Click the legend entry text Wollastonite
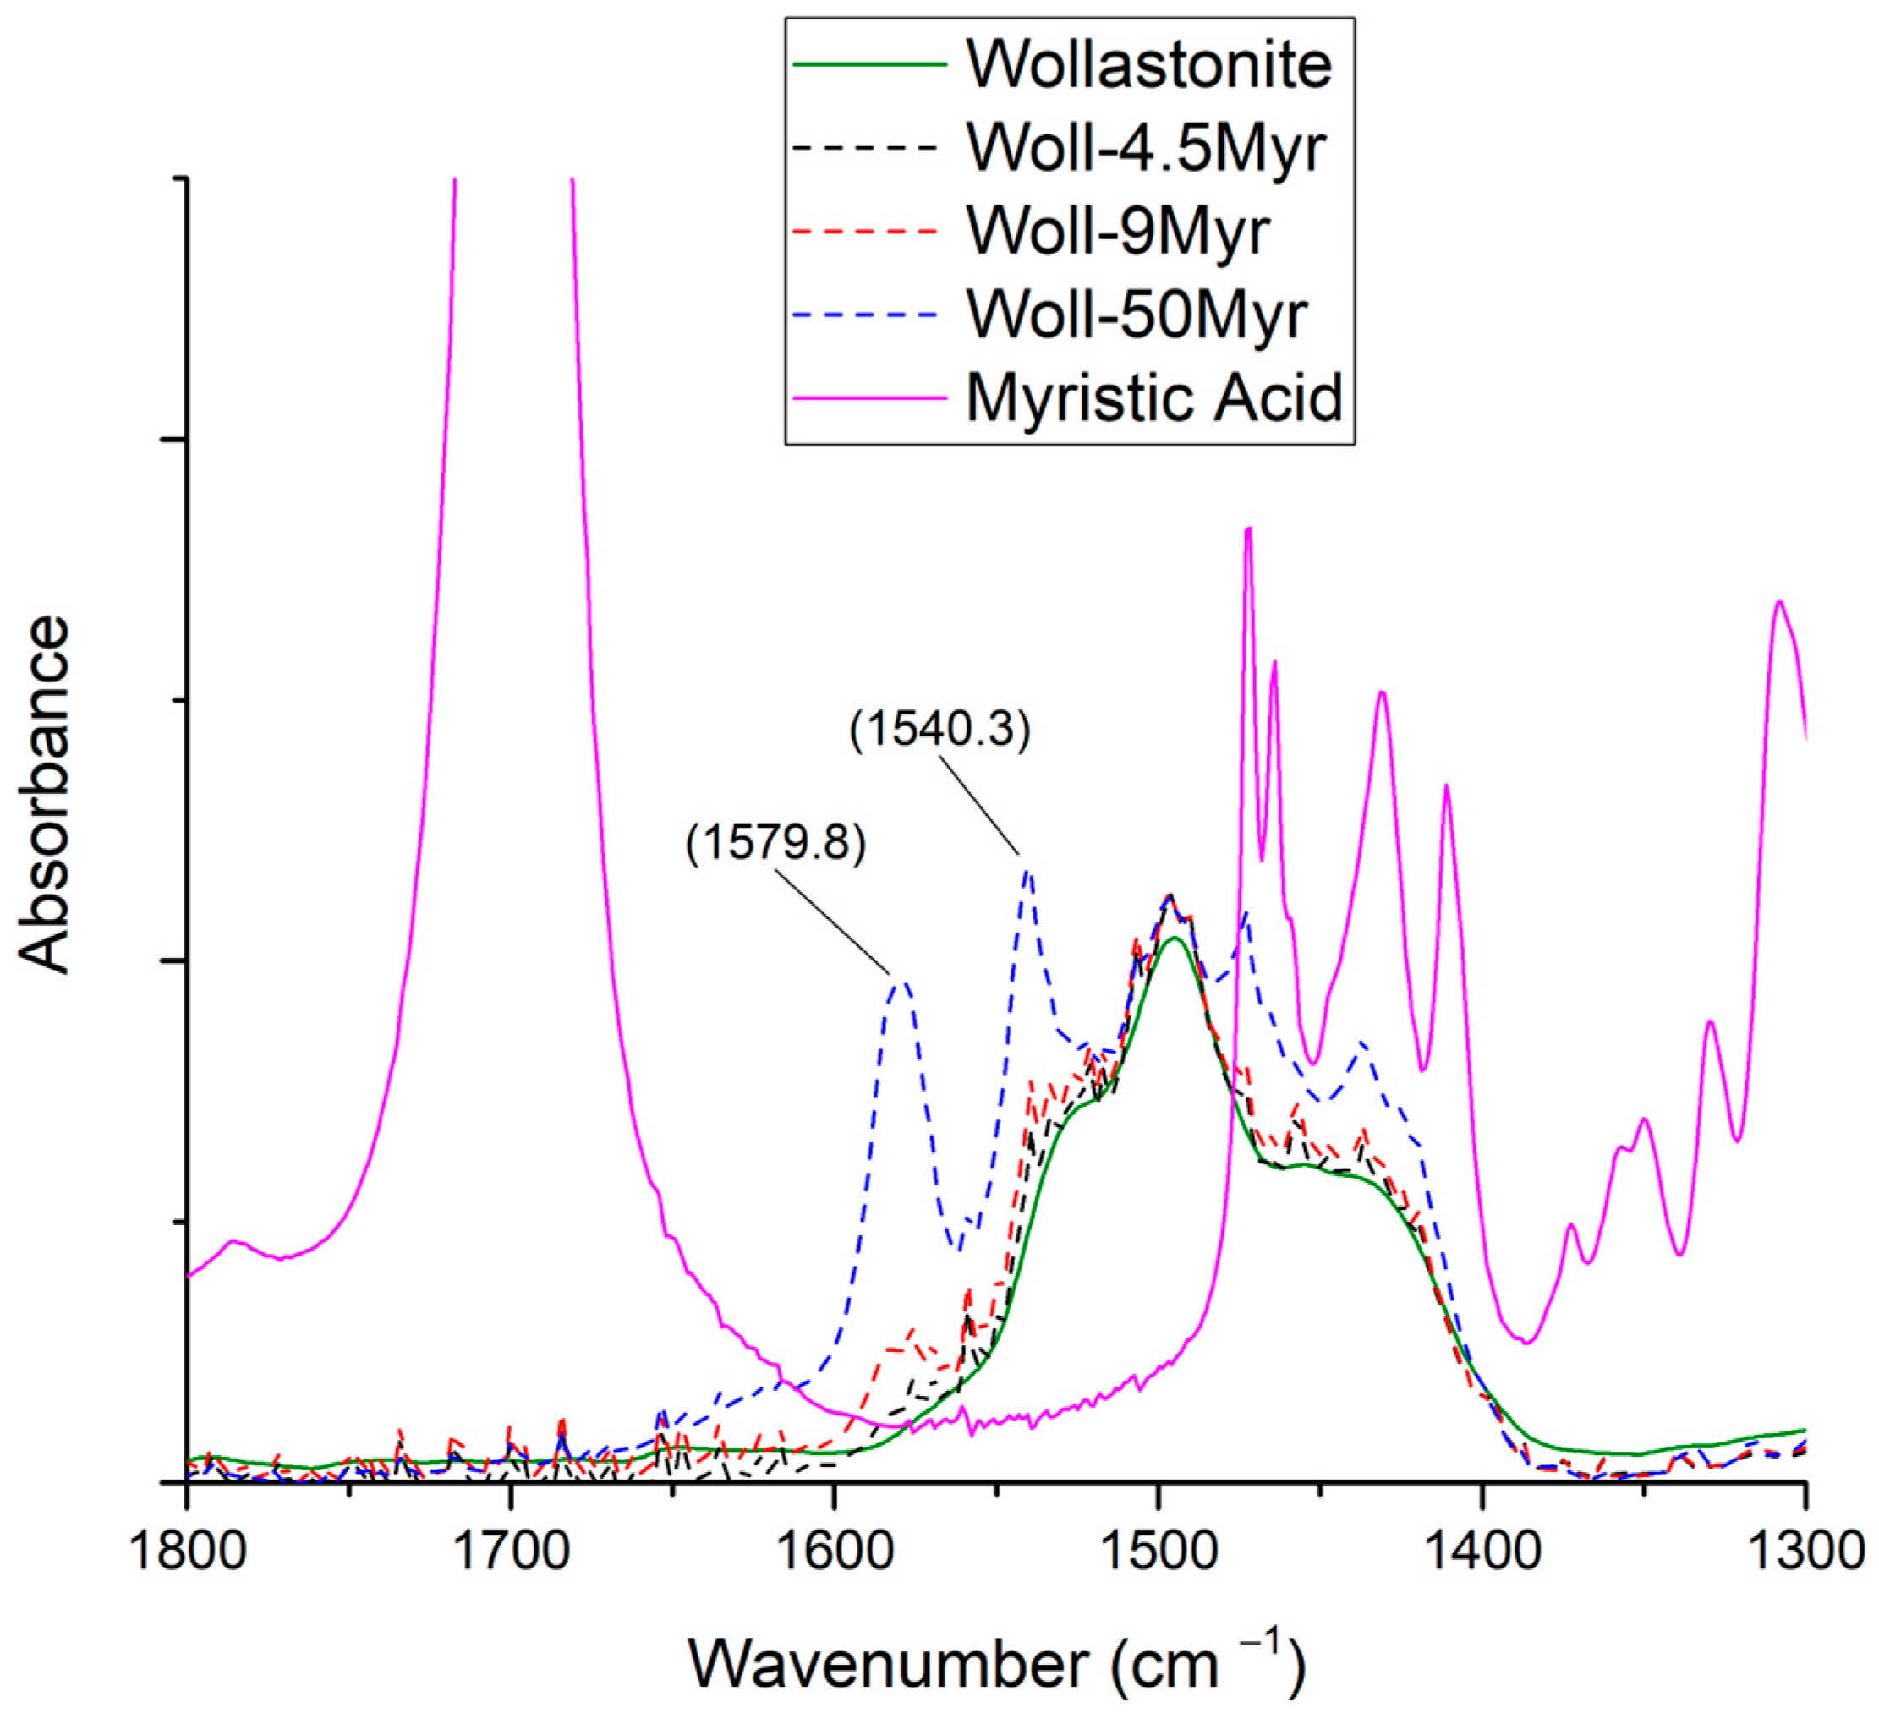point(1148,64)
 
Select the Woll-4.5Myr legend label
point(1147,147)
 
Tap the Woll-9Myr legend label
point(1118,230)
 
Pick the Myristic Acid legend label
point(1154,398)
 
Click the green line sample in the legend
point(868,64)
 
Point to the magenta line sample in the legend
point(868,398)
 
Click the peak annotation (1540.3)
point(940,730)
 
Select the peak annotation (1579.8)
point(775,844)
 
